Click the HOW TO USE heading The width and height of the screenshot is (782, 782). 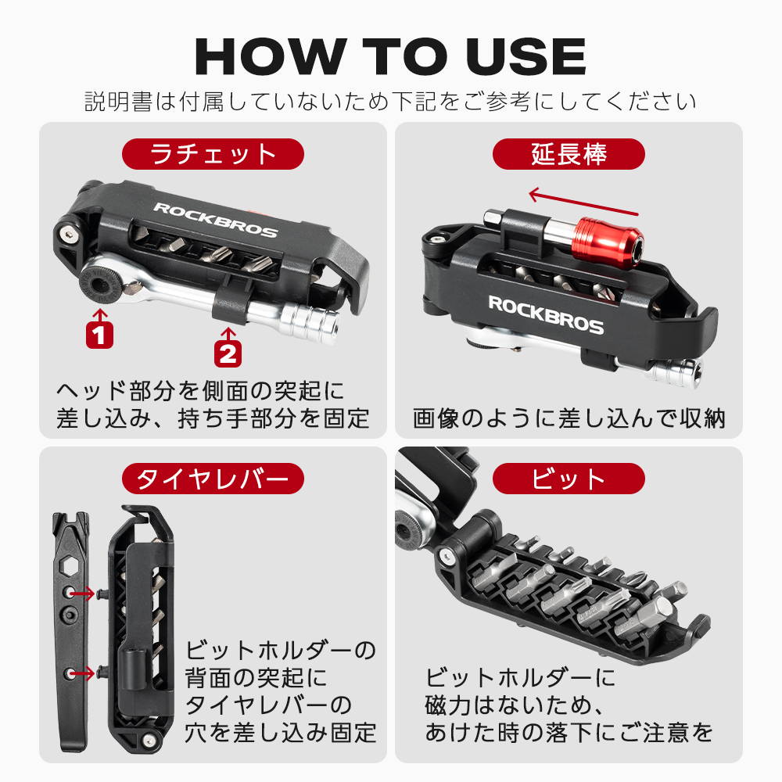click(390, 56)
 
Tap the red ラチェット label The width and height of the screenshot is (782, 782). click(213, 154)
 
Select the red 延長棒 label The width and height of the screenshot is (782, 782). click(569, 154)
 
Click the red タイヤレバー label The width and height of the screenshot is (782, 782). click(213, 479)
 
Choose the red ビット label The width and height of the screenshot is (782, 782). click(569, 479)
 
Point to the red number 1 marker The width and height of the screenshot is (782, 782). click(100, 335)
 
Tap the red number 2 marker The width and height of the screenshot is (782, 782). click(228, 353)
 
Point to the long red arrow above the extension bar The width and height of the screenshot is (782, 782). click(583, 202)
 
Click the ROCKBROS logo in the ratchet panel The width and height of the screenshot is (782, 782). click(216, 220)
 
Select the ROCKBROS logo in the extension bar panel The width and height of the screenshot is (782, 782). click(546, 315)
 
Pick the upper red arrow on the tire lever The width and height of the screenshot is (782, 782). click(82, 593)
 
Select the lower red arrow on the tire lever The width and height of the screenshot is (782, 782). click(82, 674)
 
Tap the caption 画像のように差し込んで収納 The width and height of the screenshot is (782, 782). click(569, 418)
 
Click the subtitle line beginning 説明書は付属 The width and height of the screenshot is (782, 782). click(390, 102)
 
